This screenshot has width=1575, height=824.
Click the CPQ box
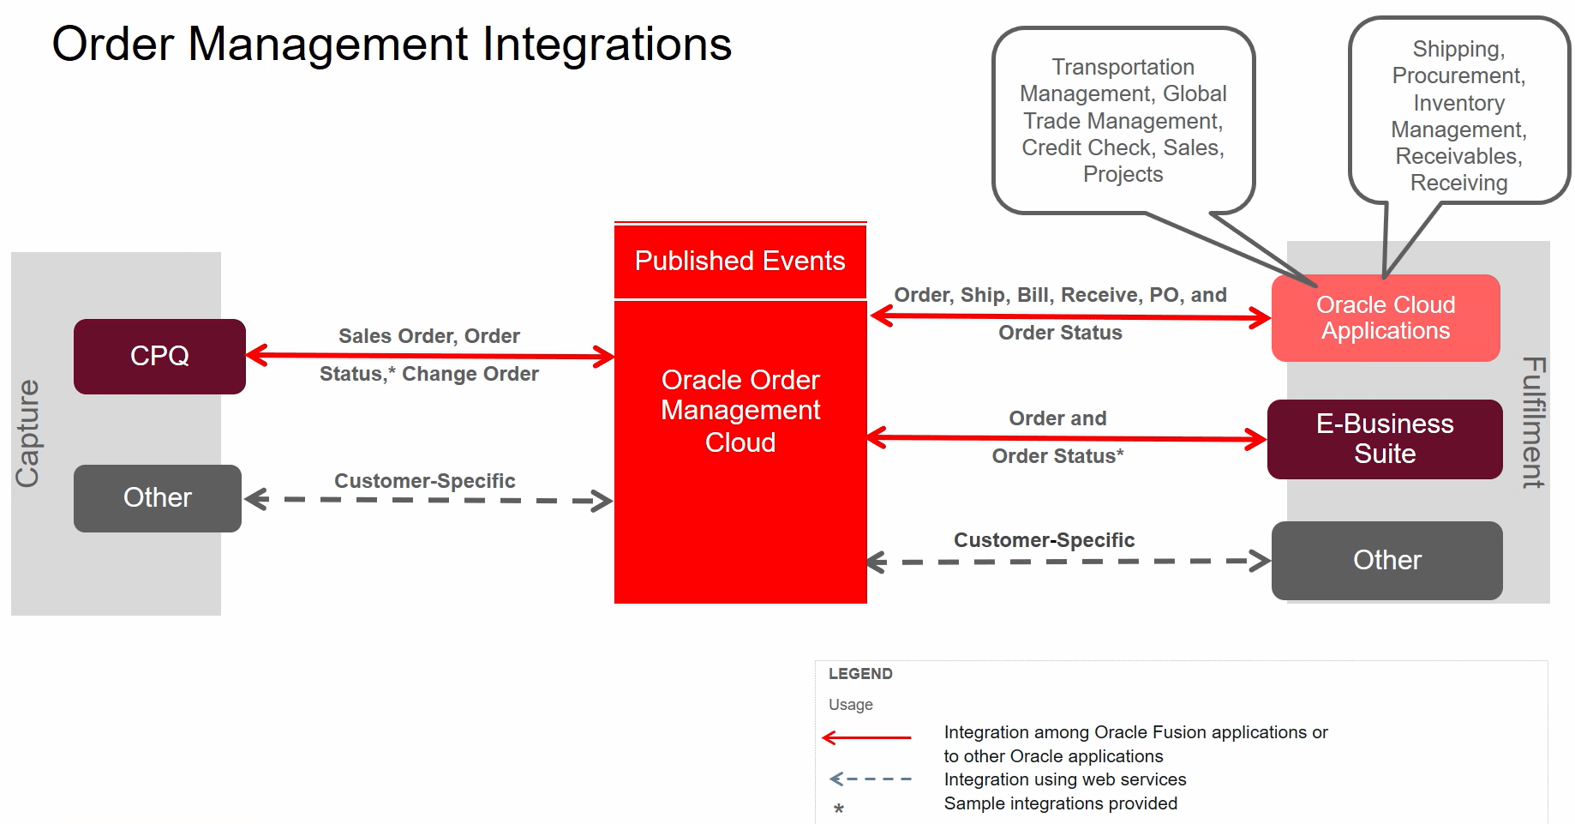pyautogui.click(x=159, y=356)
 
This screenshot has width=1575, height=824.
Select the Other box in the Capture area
pyautogui.click(x=158, y=497)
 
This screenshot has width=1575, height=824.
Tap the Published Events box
pyautogui.click(x=740, y=261)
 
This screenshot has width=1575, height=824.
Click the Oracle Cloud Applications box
pyautogui.click(x=1385, y=318)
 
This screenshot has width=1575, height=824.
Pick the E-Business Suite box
pyautogui.click(x=1384, y=439)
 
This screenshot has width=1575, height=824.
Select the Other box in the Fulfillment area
pyautogui.click(x=1386, y=560)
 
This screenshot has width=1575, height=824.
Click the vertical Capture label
pyautogui.click(x=28, y=434)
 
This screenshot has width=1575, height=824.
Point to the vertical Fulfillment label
pyautogui.click(x=1533, y=422)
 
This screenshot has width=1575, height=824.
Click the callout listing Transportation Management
pyautogui.click(x=1123, y=120)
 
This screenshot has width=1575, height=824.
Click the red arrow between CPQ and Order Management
pyautogui.click(x=428, y=355)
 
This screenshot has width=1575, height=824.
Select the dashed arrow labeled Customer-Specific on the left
pyautogui.click(x=428, y=499)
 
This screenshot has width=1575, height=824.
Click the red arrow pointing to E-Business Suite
pyautogui.click(x=1067, y=438)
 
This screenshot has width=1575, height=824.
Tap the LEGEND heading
pyautogui.click(x=860, y=674)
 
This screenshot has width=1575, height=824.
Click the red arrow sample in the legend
pyautogui.click(x=866, y=737)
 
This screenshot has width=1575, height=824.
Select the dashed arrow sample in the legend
pyautogui.click(x=870, y=779)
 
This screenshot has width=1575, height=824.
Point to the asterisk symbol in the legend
pyautogui.click(x=839, y=809)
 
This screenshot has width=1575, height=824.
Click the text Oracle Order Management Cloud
pyautogui.click(x=740, y=411)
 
